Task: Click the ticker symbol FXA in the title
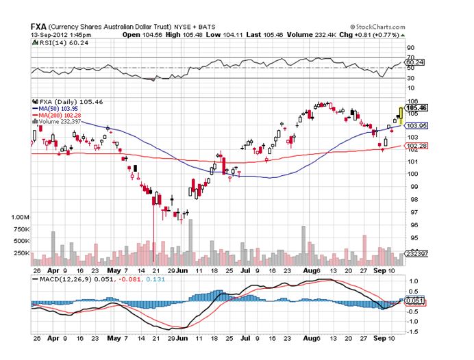[38, 26]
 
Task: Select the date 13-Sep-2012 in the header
[51, 34]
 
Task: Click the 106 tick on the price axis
[412, 101]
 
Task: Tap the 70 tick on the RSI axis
[411, 47]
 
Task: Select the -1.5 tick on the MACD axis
[414, 331]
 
